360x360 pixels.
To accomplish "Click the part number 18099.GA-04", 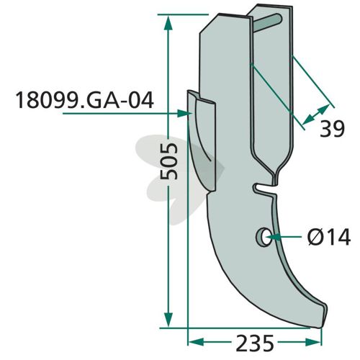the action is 84,101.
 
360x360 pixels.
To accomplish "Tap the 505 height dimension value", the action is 169,161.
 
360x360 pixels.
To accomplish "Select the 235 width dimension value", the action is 255,343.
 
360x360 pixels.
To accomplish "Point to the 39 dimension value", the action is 332,129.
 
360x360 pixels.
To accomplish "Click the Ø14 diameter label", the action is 329,237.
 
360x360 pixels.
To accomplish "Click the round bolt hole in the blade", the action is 264,236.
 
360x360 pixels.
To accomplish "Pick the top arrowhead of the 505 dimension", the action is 168,22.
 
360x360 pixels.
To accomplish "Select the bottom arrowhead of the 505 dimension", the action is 168,320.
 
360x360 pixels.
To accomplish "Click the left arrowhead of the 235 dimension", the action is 197,342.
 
